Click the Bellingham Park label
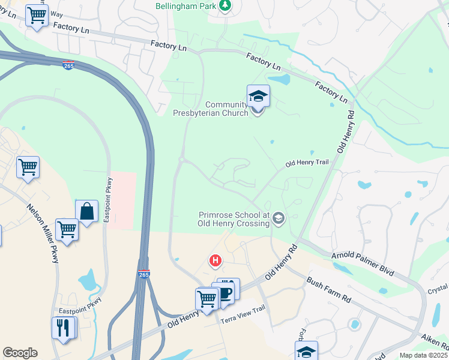pos(181,5)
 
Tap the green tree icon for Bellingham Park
pos(225,5)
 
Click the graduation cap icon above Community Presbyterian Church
pos(258,95)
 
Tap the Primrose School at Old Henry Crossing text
pos(234,219)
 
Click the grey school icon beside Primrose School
pos(278,218)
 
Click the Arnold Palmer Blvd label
pos(363,264)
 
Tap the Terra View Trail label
pos(243,317)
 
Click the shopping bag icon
pos(86,211)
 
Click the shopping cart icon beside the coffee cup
pos(206,298)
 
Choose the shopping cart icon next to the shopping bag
pos(67,229)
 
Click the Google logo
pos(20,353)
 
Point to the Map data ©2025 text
pos(423,355)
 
